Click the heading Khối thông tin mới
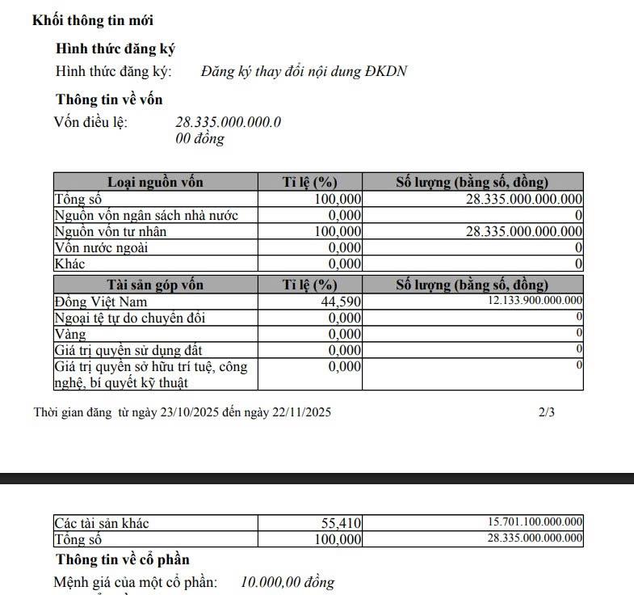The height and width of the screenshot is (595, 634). (92, 20)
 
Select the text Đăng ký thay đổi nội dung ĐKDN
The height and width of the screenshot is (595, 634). (304, 71)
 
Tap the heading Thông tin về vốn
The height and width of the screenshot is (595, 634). (109, 99)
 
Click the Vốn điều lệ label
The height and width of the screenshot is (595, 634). (90, 123)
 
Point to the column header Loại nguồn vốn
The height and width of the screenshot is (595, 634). (155, 182)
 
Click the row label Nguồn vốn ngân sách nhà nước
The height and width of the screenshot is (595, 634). (145, 215)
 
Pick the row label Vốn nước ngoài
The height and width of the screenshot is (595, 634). (101, 247)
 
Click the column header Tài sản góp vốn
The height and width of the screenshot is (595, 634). (155, 285)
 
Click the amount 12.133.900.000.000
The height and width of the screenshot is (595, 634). (535, 301)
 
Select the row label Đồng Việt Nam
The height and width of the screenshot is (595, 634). (100, 302)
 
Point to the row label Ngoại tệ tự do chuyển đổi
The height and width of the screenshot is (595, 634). (129, 318)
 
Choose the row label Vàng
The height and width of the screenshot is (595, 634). (70, 334)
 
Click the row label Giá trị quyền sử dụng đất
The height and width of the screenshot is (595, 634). (128, 350)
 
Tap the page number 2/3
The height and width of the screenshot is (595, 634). (547, 412)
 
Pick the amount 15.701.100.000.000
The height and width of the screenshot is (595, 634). (535, 522)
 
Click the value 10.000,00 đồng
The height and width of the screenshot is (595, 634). (287, 582)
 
